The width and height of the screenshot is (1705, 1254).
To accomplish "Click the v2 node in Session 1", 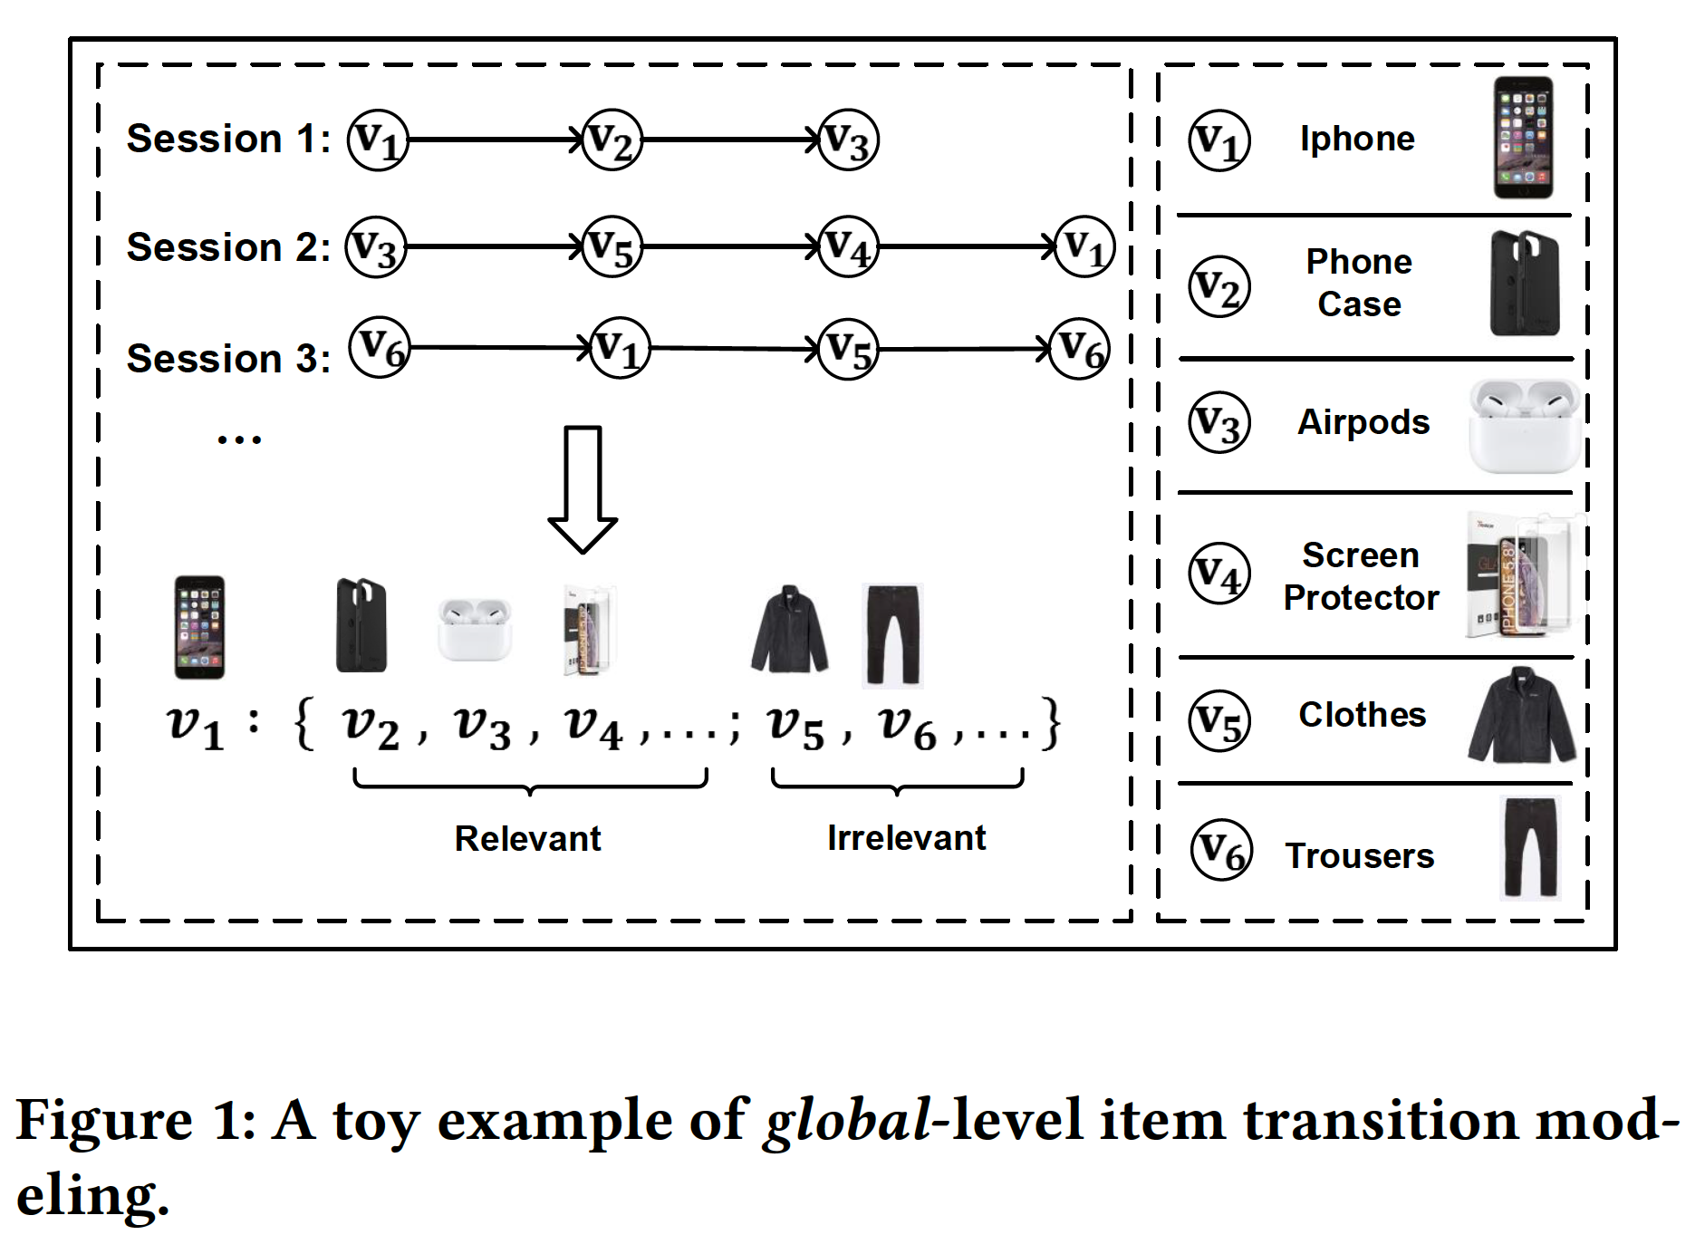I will tap(612, 140).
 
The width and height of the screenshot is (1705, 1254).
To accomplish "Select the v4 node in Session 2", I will tap(848, 246).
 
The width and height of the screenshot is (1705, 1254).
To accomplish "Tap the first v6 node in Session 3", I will tap(380, 347).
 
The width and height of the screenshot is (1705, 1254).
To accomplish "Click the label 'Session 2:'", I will tap(228, 247).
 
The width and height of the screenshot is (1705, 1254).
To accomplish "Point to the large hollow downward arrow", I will tap(583, 488).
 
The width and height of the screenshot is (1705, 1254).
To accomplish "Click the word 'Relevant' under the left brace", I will tap(527, 838).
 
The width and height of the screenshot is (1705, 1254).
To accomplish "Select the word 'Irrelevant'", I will tap(906, 838).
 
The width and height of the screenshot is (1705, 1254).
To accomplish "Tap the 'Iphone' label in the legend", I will tap(1357, 139).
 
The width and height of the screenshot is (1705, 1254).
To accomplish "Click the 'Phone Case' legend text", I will tap(1359, 283).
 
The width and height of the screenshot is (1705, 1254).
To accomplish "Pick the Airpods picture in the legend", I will tap(1525, 426).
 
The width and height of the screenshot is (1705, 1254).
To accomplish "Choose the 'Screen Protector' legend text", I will tap(1361, 576).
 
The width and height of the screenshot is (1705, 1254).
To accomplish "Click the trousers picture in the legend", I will tap(1530, 847).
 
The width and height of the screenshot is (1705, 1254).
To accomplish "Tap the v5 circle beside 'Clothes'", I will tap(1219, 721).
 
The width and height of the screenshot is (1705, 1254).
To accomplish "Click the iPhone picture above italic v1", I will tap(199, 627).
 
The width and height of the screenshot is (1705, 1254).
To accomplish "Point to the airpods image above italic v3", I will tap(474, 628).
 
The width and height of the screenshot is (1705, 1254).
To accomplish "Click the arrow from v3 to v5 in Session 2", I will tap(494, 246).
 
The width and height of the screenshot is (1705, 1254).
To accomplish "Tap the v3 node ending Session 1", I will tap(848, 140).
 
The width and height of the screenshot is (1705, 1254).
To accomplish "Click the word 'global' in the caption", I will tap(847, 1121).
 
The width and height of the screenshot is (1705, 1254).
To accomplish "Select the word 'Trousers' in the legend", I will tap(1359, 855).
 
